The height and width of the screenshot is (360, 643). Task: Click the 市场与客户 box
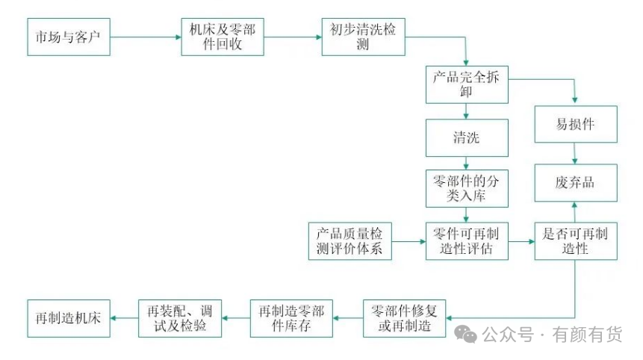click(69, 37)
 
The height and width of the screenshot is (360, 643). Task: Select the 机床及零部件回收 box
click(222, 37)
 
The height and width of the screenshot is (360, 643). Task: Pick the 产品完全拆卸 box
click(467, 84)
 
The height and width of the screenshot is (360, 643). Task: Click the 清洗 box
click(467, 138)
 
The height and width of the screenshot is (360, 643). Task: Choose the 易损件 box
click(575, 123)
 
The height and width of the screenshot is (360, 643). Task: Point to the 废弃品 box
click(575, 183)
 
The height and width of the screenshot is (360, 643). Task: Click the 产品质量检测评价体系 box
click(350, 241)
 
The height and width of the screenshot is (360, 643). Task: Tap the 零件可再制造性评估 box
click(467, 241)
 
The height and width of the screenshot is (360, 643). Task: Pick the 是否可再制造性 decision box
click(575, 241)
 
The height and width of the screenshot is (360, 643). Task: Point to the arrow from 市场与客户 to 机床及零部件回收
click(146, 37)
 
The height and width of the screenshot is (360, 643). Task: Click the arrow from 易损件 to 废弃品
click(575, 153)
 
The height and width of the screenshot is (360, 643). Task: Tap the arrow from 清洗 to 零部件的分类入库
click(467, 163)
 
